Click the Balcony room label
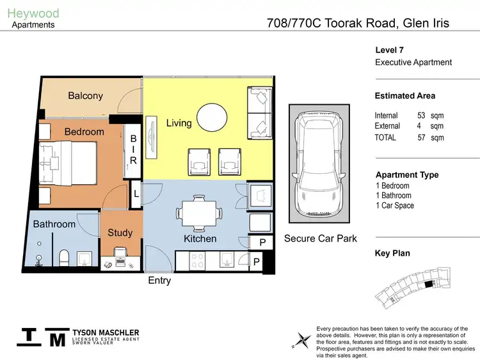(x=85, y=96)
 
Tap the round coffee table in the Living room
(x=211, y=118)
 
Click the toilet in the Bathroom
(x=63, y=258)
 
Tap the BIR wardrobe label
(x=133, y=150)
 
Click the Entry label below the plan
(x=159, y=280)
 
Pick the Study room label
(x=120, y=233)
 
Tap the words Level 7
(x=389, y=50)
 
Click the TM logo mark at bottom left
(x=42, y=338)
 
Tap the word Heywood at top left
(x=33, y=13)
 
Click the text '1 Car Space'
(x=395, y=205)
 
